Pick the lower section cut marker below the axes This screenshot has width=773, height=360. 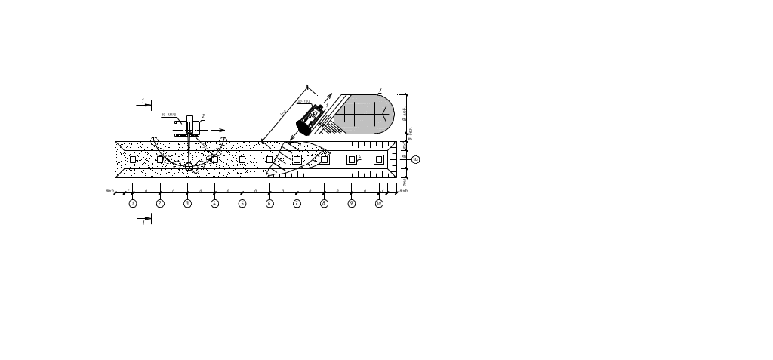click(x=148, y=219)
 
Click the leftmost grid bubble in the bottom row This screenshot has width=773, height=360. click(x=133, y=204)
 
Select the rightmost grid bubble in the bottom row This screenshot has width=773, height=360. click(x=379, y=204)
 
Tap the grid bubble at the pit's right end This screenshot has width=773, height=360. click(x=414, y=159)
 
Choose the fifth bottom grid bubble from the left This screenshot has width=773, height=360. click(x=242, y=204)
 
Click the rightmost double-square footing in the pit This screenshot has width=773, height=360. click(x=379, y=159)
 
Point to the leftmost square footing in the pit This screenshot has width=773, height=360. click(x=133, y=159)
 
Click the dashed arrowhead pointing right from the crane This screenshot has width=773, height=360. click(x=222, y=130)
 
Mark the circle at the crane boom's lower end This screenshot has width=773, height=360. click(x=188, y=165)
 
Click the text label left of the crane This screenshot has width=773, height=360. click(x=168, y=115)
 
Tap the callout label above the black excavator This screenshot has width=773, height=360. click(x=303, y=101)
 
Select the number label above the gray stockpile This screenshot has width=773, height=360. click(x=380, y=90)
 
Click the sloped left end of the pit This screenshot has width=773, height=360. click(x=120, y=159)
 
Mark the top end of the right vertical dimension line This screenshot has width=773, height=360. click(x=407, y=95)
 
